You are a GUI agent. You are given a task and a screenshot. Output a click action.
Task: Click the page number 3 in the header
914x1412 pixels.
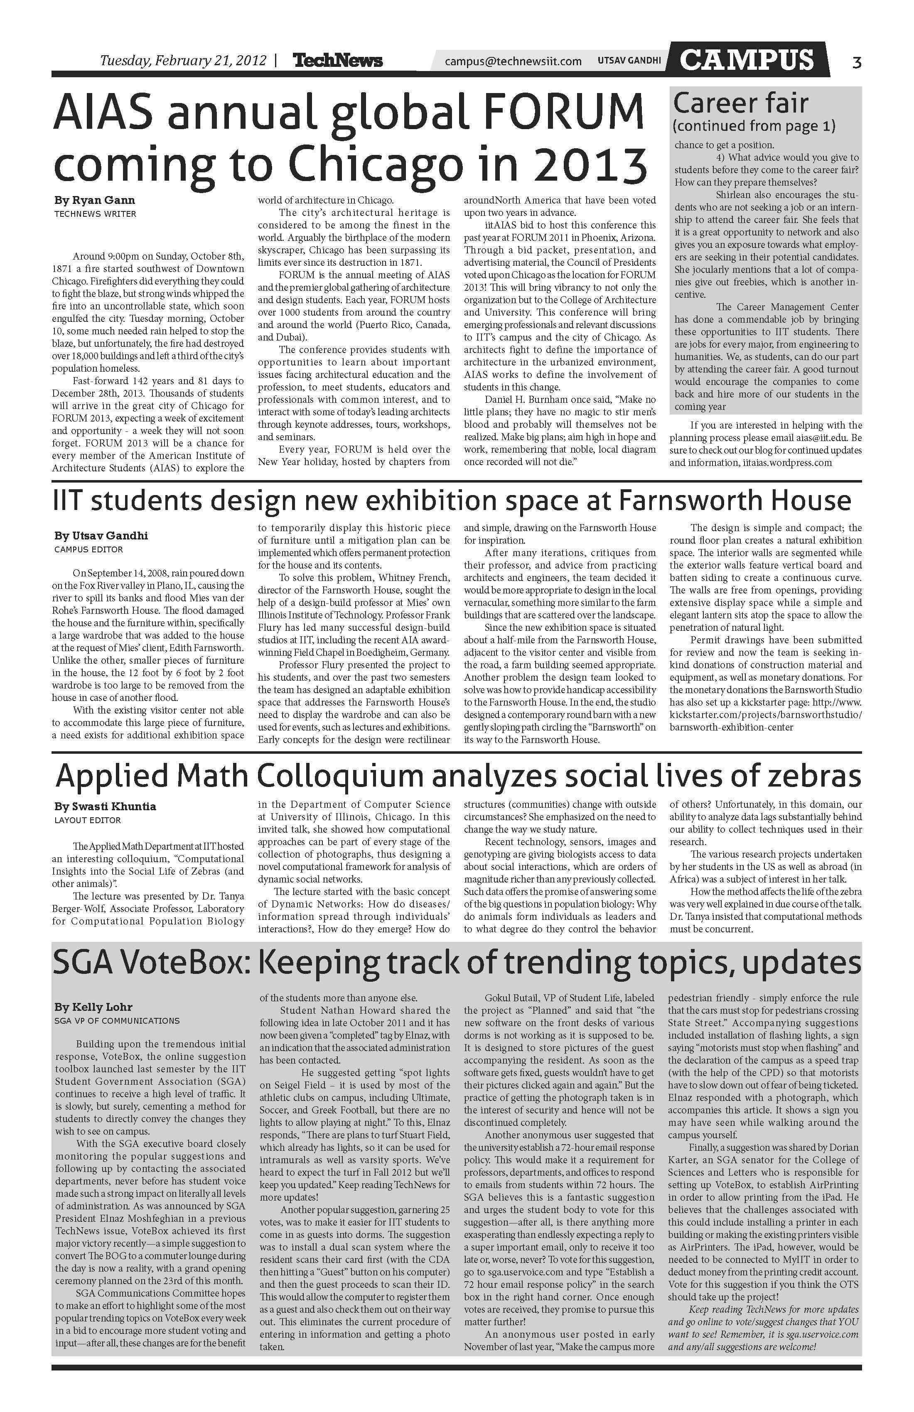[x=856, y=62]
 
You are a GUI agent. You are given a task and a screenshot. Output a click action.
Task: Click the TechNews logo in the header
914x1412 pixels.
[x=338, y=61]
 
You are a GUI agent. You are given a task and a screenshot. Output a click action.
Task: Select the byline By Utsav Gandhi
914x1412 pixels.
[x=101, y=536]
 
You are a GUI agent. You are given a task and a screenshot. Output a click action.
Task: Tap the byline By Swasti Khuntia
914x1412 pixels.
[x=105, y=807]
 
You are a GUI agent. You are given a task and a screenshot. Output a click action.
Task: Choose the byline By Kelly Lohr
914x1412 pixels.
[x=93, y=1007]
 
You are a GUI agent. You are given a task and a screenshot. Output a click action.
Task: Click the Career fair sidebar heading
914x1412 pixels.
[x=741, y=103]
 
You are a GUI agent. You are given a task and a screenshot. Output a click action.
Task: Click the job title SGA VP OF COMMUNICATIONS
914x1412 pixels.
[x=116, y=1021]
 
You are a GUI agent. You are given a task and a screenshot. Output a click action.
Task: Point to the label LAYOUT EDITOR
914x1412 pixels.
[x=87, y=821]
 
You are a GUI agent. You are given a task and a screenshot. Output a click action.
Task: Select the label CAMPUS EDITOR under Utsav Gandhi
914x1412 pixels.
[x=88, y=549]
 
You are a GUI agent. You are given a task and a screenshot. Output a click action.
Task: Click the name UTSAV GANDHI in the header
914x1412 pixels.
[x=629, y=61]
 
